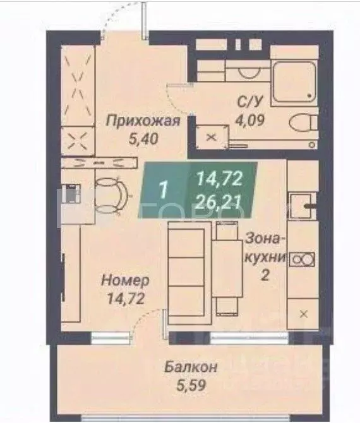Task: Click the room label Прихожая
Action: coord(143,121)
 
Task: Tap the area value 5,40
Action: coord(143,139)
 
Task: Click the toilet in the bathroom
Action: coord(303,122)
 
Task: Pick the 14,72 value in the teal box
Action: coord(219,180)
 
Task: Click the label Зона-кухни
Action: coord(266,248)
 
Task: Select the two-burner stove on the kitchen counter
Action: coord(302,259)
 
